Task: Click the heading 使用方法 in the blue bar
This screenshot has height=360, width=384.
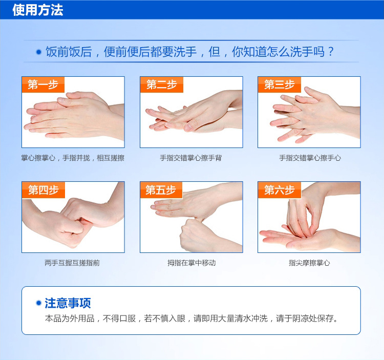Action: [x=38, y=10]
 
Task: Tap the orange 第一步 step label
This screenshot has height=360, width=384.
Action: [x=43, y=84]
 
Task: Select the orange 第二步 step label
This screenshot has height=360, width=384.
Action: [x=162, y=84]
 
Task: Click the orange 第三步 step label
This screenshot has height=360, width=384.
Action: [x=280, y=84]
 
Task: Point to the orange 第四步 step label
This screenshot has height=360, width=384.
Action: [x=44, y=190]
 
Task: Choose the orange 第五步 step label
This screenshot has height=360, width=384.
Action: [x=161, y=190]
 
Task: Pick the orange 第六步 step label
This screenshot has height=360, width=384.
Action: [x=280, y=190]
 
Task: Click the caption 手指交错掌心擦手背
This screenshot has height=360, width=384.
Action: [x=191, y=158]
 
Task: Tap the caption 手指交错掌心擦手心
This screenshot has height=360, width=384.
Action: [x=310, y=158]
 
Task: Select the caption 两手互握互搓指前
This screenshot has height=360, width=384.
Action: [x=72, y=263]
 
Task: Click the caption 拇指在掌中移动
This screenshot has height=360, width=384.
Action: [x=191, y=263]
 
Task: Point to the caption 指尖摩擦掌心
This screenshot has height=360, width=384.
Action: [x=309, y=263]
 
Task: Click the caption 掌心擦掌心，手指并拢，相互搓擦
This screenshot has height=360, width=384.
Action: [x=73, y=158]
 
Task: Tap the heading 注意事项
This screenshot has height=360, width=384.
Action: [x=68, y=303]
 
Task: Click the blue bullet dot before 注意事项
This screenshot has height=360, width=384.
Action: [x=38, y=303]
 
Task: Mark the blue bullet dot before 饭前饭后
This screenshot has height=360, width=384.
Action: [x=39, y=52]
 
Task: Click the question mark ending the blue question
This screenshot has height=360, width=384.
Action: [x=331, y=52]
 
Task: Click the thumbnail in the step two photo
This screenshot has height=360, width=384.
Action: [x=188, y=127]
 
